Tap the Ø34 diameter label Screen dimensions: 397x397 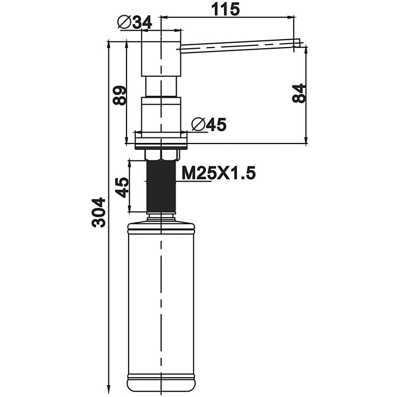135,22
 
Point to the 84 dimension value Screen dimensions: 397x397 299,93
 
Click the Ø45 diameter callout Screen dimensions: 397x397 208,125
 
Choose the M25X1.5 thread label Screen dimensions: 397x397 218,174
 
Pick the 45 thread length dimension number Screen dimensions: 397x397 122,187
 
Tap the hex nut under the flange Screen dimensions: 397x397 161,155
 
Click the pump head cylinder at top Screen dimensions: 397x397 161,55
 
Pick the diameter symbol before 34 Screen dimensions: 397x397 124,22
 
